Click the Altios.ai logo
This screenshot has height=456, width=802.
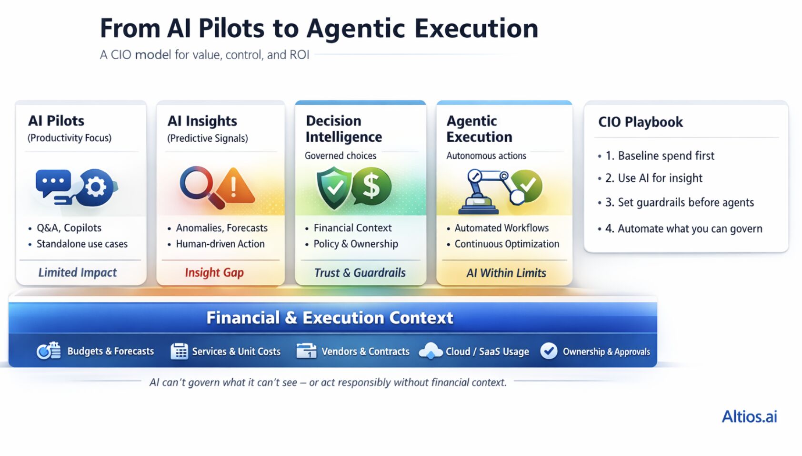(749, 416)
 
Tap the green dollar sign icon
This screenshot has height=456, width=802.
(371, 187)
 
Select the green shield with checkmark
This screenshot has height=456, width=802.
(334, 187)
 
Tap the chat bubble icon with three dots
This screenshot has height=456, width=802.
(53, 183)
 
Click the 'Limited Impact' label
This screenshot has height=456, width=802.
(78, 272)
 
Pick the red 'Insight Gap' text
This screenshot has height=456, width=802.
(214, 272)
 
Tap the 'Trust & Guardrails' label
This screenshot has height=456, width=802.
(360, 273)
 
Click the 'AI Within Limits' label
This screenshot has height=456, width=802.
(506, 273)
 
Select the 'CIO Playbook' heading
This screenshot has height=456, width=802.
(640, 122)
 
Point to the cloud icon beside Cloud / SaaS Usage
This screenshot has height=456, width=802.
(431, 351)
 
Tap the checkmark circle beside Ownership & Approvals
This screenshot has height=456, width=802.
(549, 351)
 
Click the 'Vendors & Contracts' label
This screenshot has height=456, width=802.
(365, 352)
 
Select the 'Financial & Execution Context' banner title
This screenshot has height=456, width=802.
(330, 318)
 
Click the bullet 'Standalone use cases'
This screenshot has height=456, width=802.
(82, 244)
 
